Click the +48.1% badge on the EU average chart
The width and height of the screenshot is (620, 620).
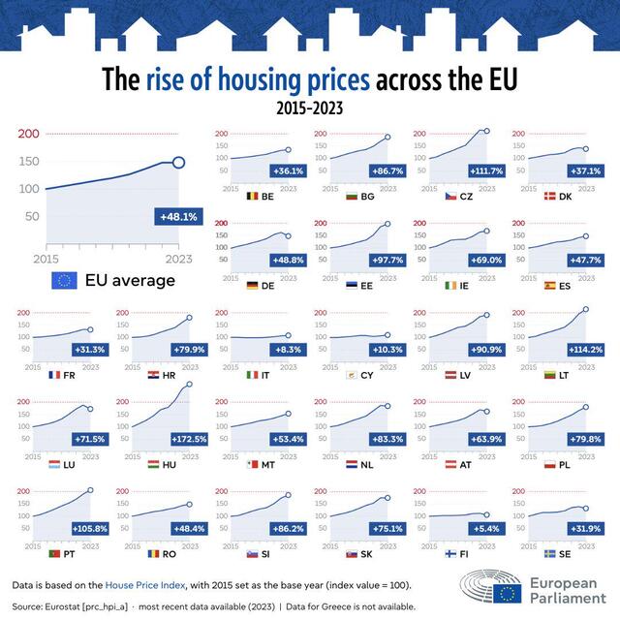175,217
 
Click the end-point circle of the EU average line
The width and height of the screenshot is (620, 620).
178,162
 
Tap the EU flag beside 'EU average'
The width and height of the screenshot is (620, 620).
64,281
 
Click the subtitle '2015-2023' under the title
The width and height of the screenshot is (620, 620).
310,107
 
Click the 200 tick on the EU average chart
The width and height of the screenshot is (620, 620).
29,134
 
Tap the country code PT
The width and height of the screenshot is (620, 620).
69,553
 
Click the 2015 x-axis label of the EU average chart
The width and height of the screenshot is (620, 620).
46,259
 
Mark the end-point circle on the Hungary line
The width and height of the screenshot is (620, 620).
188,384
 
